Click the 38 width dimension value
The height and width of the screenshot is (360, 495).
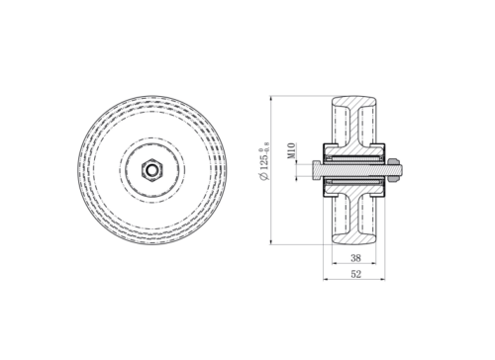[355, 258]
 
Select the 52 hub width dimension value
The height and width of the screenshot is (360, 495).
[355, 274]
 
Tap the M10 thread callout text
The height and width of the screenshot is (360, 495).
[291, 151]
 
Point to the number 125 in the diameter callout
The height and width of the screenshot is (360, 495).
[264, 163]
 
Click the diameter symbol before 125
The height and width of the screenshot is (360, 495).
[264, 176]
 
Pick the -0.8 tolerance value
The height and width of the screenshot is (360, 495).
[267, 147]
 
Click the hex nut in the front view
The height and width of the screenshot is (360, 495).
[151, 170]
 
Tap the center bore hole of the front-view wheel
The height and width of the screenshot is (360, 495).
[151, 170]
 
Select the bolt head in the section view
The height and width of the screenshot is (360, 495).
[317, 170]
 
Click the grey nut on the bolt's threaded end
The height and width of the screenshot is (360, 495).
[393, 170]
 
